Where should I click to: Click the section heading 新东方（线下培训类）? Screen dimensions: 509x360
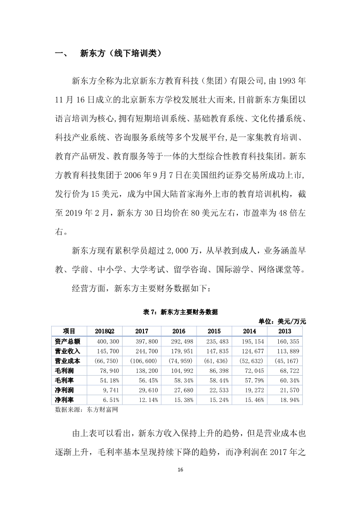(x=120, y=54)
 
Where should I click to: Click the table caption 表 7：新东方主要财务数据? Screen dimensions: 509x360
(x=180, y=312)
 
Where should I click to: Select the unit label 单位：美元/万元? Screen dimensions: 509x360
(x=282, y=321)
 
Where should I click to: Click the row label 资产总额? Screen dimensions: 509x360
(x=67, y=341)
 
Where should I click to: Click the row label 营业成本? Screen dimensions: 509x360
(x=67, y=361)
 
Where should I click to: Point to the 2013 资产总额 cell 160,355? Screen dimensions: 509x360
(x=287, y=341)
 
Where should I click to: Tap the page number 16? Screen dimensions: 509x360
(x=180, y=469)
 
